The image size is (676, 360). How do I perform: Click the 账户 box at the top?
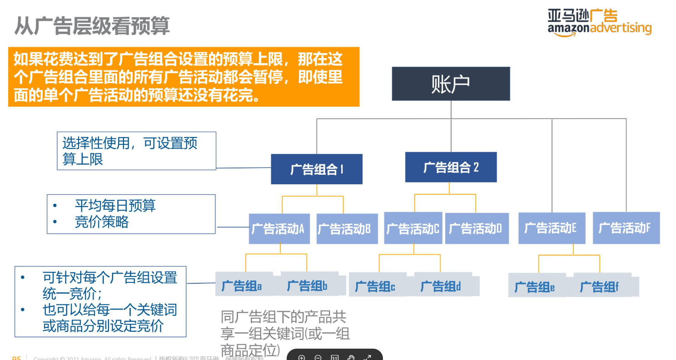pyautogui.click(x=451, y=84)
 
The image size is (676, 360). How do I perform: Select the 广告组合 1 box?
pyautogui.click(x=317, y=169)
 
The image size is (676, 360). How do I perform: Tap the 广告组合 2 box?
pyautogui.click(x=451, y=167)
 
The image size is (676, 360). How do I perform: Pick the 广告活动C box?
pyautogui.click(x=413, y=228)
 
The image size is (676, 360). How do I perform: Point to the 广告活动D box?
pyautogui.click(x=476, y=228)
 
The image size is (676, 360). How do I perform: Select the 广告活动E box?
pyautogui.click(x=551, y=228)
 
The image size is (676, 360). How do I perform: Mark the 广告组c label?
pyautogui.click(x=375, y=286)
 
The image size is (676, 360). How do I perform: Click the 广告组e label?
pyautogui.click(x=535, y=287)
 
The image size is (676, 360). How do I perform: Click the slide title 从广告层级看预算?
pyautogui.click(x=92, y=26)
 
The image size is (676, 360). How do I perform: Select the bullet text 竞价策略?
pyautogui.click(x=102, y=222)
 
